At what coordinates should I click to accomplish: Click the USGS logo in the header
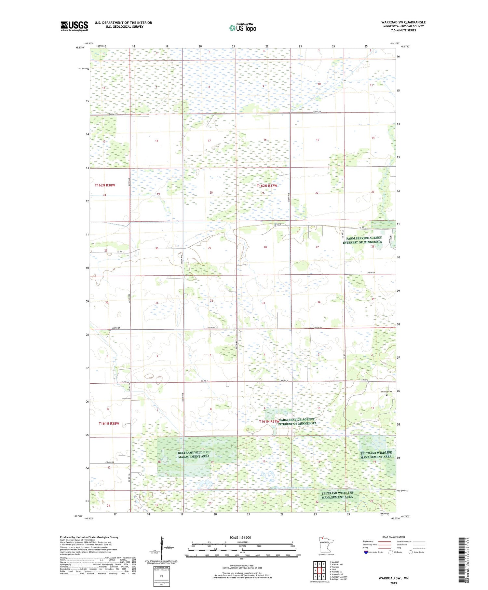click(x=74, y=26)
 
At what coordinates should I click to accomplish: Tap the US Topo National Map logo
click(x=242, y=28)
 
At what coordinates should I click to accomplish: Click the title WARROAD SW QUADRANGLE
click(x=403, y=22)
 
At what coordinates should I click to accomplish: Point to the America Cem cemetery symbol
click(x=386, y=395)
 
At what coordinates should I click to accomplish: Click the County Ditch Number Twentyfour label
click(x=291, y=488)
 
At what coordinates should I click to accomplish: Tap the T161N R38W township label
click(x=109, y=424)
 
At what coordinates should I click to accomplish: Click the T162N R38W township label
click(x=105, y=185)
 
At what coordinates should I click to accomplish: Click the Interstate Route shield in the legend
click(x=366, y=552)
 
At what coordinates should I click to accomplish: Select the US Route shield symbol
click(x=391, y=552)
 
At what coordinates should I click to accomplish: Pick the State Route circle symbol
click(x=411, y=552)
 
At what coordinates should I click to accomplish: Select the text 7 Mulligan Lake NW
click(x=338, y=577)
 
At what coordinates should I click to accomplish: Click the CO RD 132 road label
click(x=110, y=462)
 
